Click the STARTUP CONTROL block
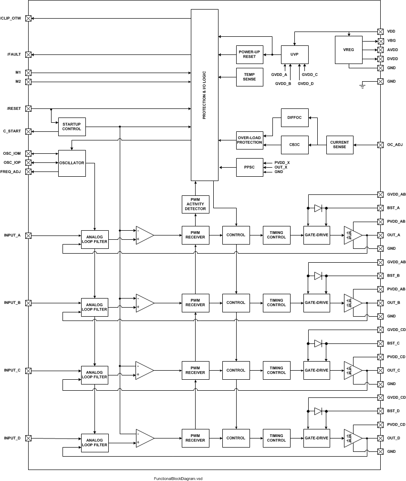(72, 127)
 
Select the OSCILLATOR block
(72, 163)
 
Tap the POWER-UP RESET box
(250, 54)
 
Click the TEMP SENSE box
(250, 76)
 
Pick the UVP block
(294, 54)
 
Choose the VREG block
(348, 50)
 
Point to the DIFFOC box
(294, 117)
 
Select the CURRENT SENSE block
(339, 145)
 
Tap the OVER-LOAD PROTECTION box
(250, 139)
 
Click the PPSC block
(250, 167)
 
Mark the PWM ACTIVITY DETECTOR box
(195, 204)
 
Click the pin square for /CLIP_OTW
(28, 18)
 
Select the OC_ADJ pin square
(380, 145)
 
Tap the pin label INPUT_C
(12, 371)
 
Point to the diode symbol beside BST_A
(318, 208)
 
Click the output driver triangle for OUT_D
(353, 438)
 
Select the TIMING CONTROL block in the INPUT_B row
(276, 303)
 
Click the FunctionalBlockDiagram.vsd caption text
(178, 478)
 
